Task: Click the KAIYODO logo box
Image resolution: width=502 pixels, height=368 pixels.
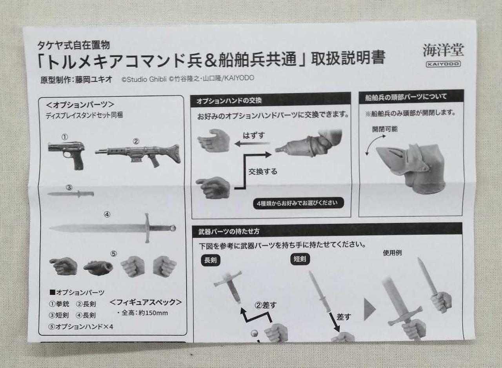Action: [443, 64]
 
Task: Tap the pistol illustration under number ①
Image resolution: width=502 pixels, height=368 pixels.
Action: [67, 155]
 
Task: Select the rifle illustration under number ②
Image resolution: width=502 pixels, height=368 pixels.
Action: [138, 155]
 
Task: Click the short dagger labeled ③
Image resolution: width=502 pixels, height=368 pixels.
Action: [71, 194]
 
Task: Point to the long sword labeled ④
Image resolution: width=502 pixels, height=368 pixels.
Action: [113, 228]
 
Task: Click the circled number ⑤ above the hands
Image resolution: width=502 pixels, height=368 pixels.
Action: [114, 254]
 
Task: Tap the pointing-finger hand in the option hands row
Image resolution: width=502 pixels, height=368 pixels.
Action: [64, 266]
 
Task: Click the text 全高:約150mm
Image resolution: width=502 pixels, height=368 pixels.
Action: [144, 313]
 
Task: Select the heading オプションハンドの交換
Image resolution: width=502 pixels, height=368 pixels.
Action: [229, 101]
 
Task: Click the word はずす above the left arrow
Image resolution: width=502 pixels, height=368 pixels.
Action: [254, 135]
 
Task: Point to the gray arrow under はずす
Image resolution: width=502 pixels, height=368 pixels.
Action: [252, 143]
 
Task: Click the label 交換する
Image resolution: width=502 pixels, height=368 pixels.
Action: [263, 172]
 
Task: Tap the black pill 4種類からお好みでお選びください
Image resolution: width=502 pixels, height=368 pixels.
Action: [298, 203]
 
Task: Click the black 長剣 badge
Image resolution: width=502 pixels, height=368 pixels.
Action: [211, 260]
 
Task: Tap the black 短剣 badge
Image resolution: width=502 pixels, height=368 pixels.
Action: [300, 259]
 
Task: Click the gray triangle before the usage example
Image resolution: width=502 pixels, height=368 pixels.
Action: [369, 309]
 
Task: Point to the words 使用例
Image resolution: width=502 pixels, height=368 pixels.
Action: [392, 253]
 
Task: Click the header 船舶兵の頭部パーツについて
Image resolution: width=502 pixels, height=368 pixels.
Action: [406, 97]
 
